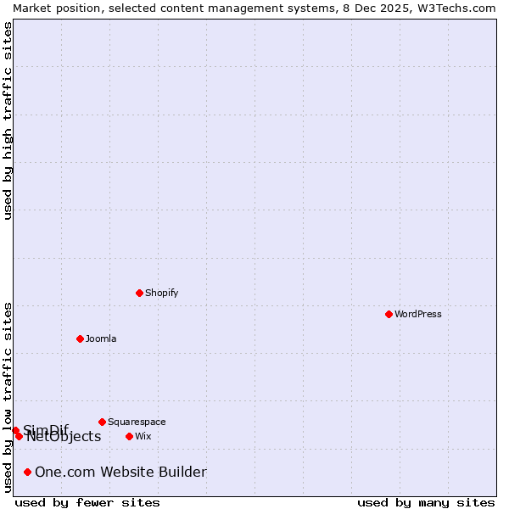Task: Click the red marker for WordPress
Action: coord(389,314)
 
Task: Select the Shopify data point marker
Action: coord(139,293)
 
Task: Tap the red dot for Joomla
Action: coord(80,338)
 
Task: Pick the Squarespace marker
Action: coord(102,422)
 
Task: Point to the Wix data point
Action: coord(129,436)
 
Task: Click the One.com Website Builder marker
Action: coord(28,472)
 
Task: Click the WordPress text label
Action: coord(418,314)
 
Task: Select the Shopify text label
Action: coord(161,293)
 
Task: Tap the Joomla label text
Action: coord(101,338)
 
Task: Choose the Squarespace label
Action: coord(137,422)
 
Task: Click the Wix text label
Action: coord(143,436)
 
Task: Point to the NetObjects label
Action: coord(64,437)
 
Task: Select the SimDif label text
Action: coord(46,429)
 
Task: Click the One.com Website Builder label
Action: coord(120,472)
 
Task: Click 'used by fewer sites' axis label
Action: coord(87,503)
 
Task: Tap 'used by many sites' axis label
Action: coord(426,503)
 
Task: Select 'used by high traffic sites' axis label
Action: coord(8,120)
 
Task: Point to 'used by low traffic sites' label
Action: coord(8,396)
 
